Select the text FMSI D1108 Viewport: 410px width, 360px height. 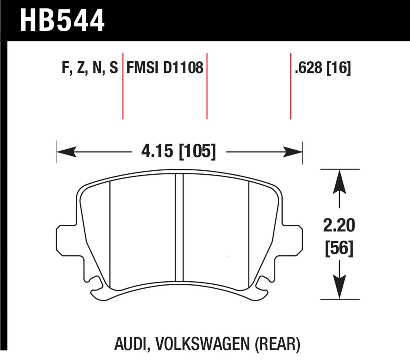coord(165,67)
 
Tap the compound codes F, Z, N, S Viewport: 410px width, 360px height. coord(90,67)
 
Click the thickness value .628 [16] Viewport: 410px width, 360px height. coord(323,67)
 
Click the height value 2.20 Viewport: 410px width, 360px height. coord(339,225)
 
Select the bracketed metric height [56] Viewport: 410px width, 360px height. coord(339,249)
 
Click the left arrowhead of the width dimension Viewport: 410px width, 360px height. coord(66,152)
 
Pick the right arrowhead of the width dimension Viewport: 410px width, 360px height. coord(292,152)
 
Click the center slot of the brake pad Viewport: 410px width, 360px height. coord(179,228)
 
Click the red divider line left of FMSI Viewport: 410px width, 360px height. coord(123,86)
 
